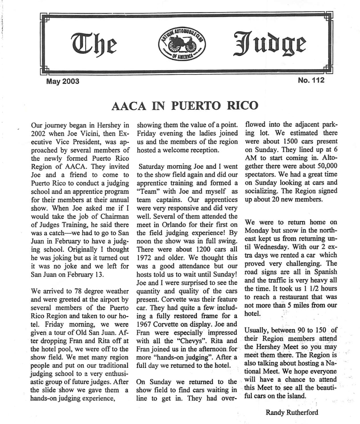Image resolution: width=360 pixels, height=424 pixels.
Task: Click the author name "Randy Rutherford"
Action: click(292, 412)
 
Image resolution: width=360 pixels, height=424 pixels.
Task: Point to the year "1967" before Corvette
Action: click(146, 320)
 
